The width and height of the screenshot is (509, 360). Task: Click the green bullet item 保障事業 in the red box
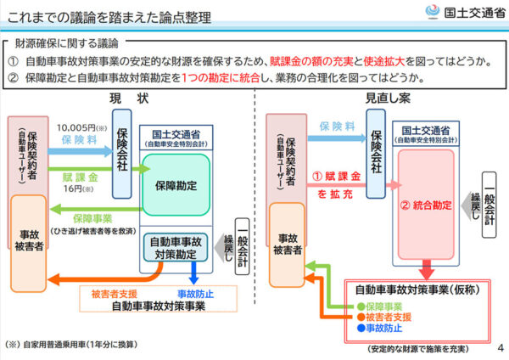tap(387, 305)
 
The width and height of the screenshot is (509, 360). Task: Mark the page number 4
tap(500, 346)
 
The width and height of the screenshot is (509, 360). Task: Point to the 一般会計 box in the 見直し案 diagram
tap(489, 204)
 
